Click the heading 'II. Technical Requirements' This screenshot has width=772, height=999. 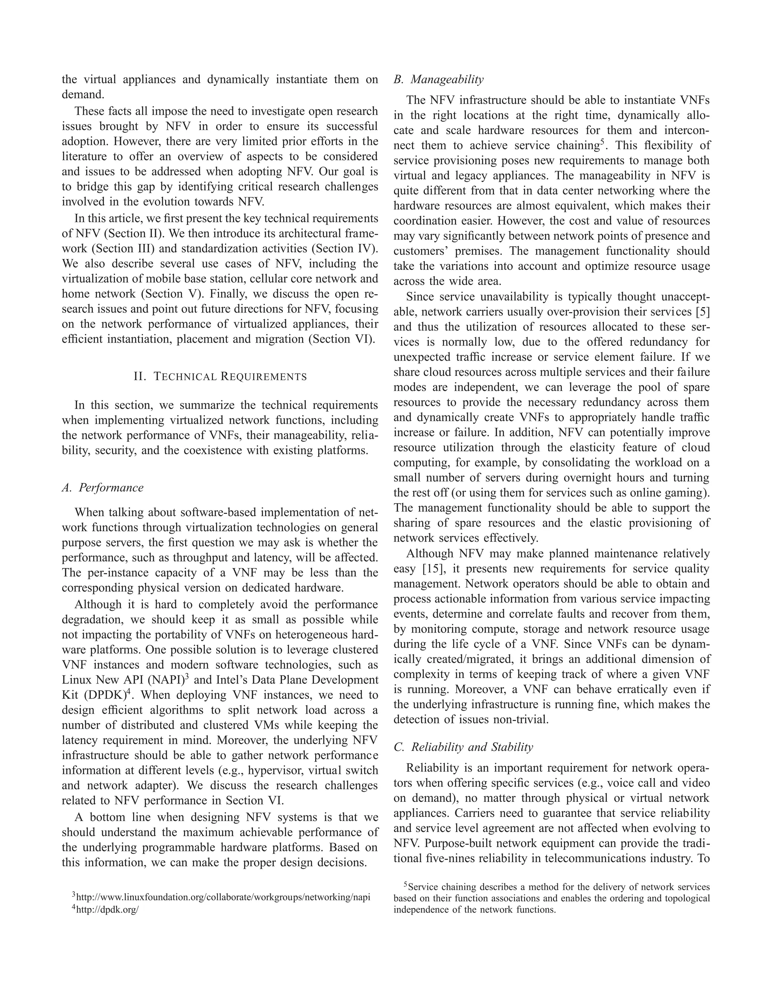pos(220,377)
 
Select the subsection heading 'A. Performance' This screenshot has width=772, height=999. pos(103,487)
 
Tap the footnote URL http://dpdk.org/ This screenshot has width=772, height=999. pos(107,909)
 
